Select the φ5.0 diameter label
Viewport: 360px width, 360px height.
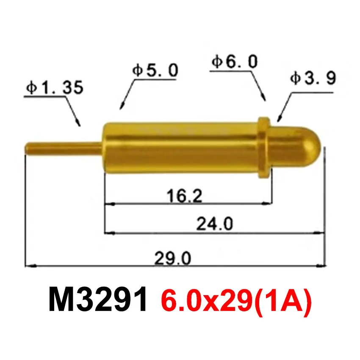(x=155, y=70)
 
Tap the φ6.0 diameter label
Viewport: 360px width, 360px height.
(x=234, y=63)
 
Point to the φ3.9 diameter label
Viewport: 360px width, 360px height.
(x=313, y=79)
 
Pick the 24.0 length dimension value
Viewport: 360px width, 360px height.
(x=215, y=224)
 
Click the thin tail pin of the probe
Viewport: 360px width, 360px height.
(x=64, y=149)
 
